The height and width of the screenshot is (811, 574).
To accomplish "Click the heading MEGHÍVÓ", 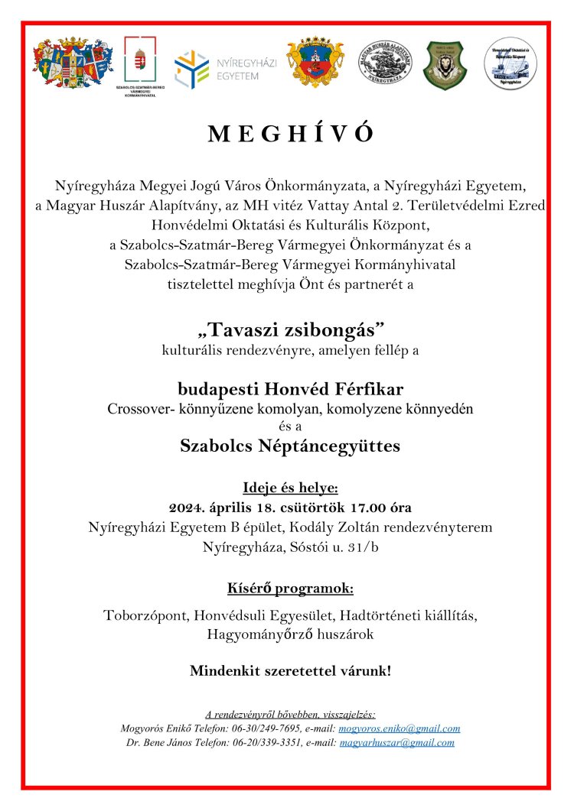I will pos(290,134).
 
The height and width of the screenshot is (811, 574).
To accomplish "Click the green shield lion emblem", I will pos(445,66).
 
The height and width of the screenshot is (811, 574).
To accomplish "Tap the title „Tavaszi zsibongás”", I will pos(290,329).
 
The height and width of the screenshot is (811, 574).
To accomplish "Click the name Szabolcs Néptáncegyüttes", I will pos(290,446).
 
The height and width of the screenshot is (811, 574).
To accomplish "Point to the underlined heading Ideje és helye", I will pos(290,488).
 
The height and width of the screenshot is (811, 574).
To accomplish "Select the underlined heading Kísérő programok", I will pos(290,589).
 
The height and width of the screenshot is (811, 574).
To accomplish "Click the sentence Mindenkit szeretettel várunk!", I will pos(290,671).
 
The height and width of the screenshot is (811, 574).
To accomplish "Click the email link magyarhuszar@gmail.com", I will pos(396,742).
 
